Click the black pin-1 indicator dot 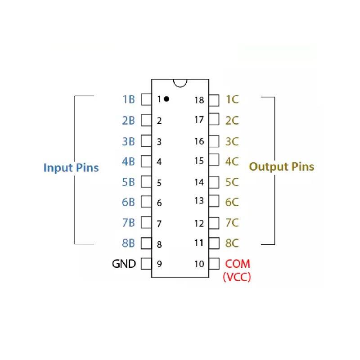[166, 99]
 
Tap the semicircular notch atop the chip [180, 83]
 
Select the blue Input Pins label [71, 168]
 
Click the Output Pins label [282, 166]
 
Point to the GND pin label [124, 264]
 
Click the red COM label [238, 264]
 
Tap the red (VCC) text [237, 277]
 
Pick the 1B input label [128, 99]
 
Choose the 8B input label [128, 243]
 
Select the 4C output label [232, 161]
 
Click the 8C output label [232, 243]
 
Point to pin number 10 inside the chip [199, 264]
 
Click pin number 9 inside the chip [159, 264]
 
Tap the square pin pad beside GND [146, 264]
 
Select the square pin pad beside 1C [214, 99]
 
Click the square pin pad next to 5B [146, 182]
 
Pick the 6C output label [232, 202]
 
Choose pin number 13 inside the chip [199, 201]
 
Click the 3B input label [128, 141]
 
